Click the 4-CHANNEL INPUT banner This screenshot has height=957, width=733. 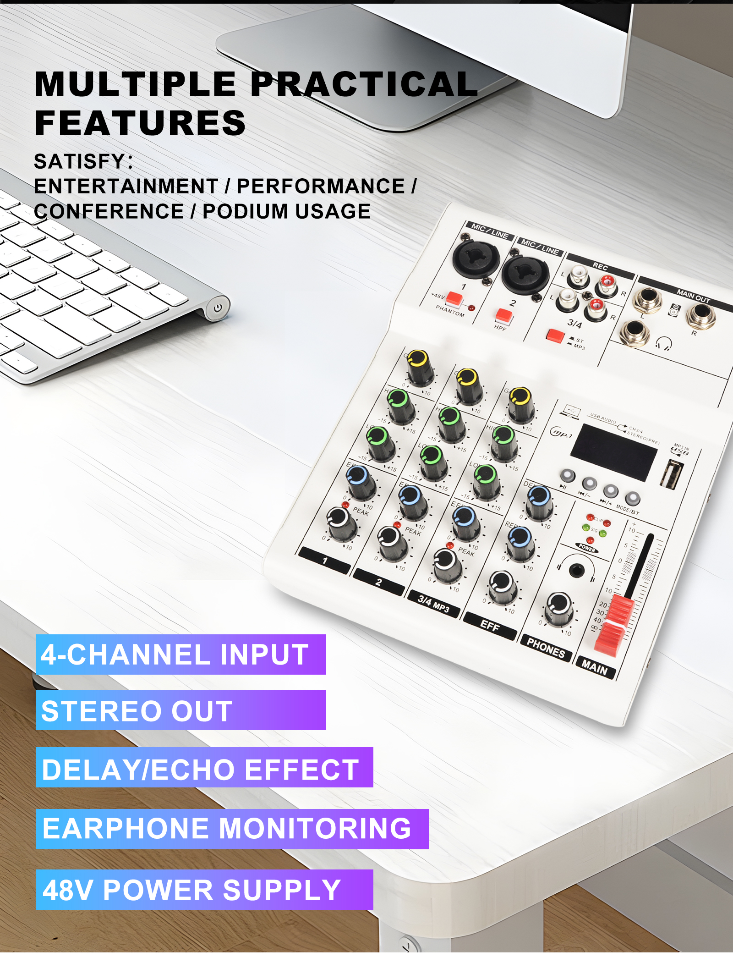[181, 654]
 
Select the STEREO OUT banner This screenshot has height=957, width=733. [181, 710]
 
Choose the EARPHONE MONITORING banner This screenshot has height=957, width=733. [232, 829]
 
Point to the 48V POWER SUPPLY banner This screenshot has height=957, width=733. [204, 890]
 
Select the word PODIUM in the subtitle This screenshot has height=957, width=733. [245, 211]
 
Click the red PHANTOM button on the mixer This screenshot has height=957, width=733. [454, 299]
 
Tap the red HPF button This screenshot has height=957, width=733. [504, 316]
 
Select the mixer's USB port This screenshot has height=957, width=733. [672, 474]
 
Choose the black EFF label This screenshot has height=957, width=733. [490, 626]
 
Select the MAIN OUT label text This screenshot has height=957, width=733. [693, 296]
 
